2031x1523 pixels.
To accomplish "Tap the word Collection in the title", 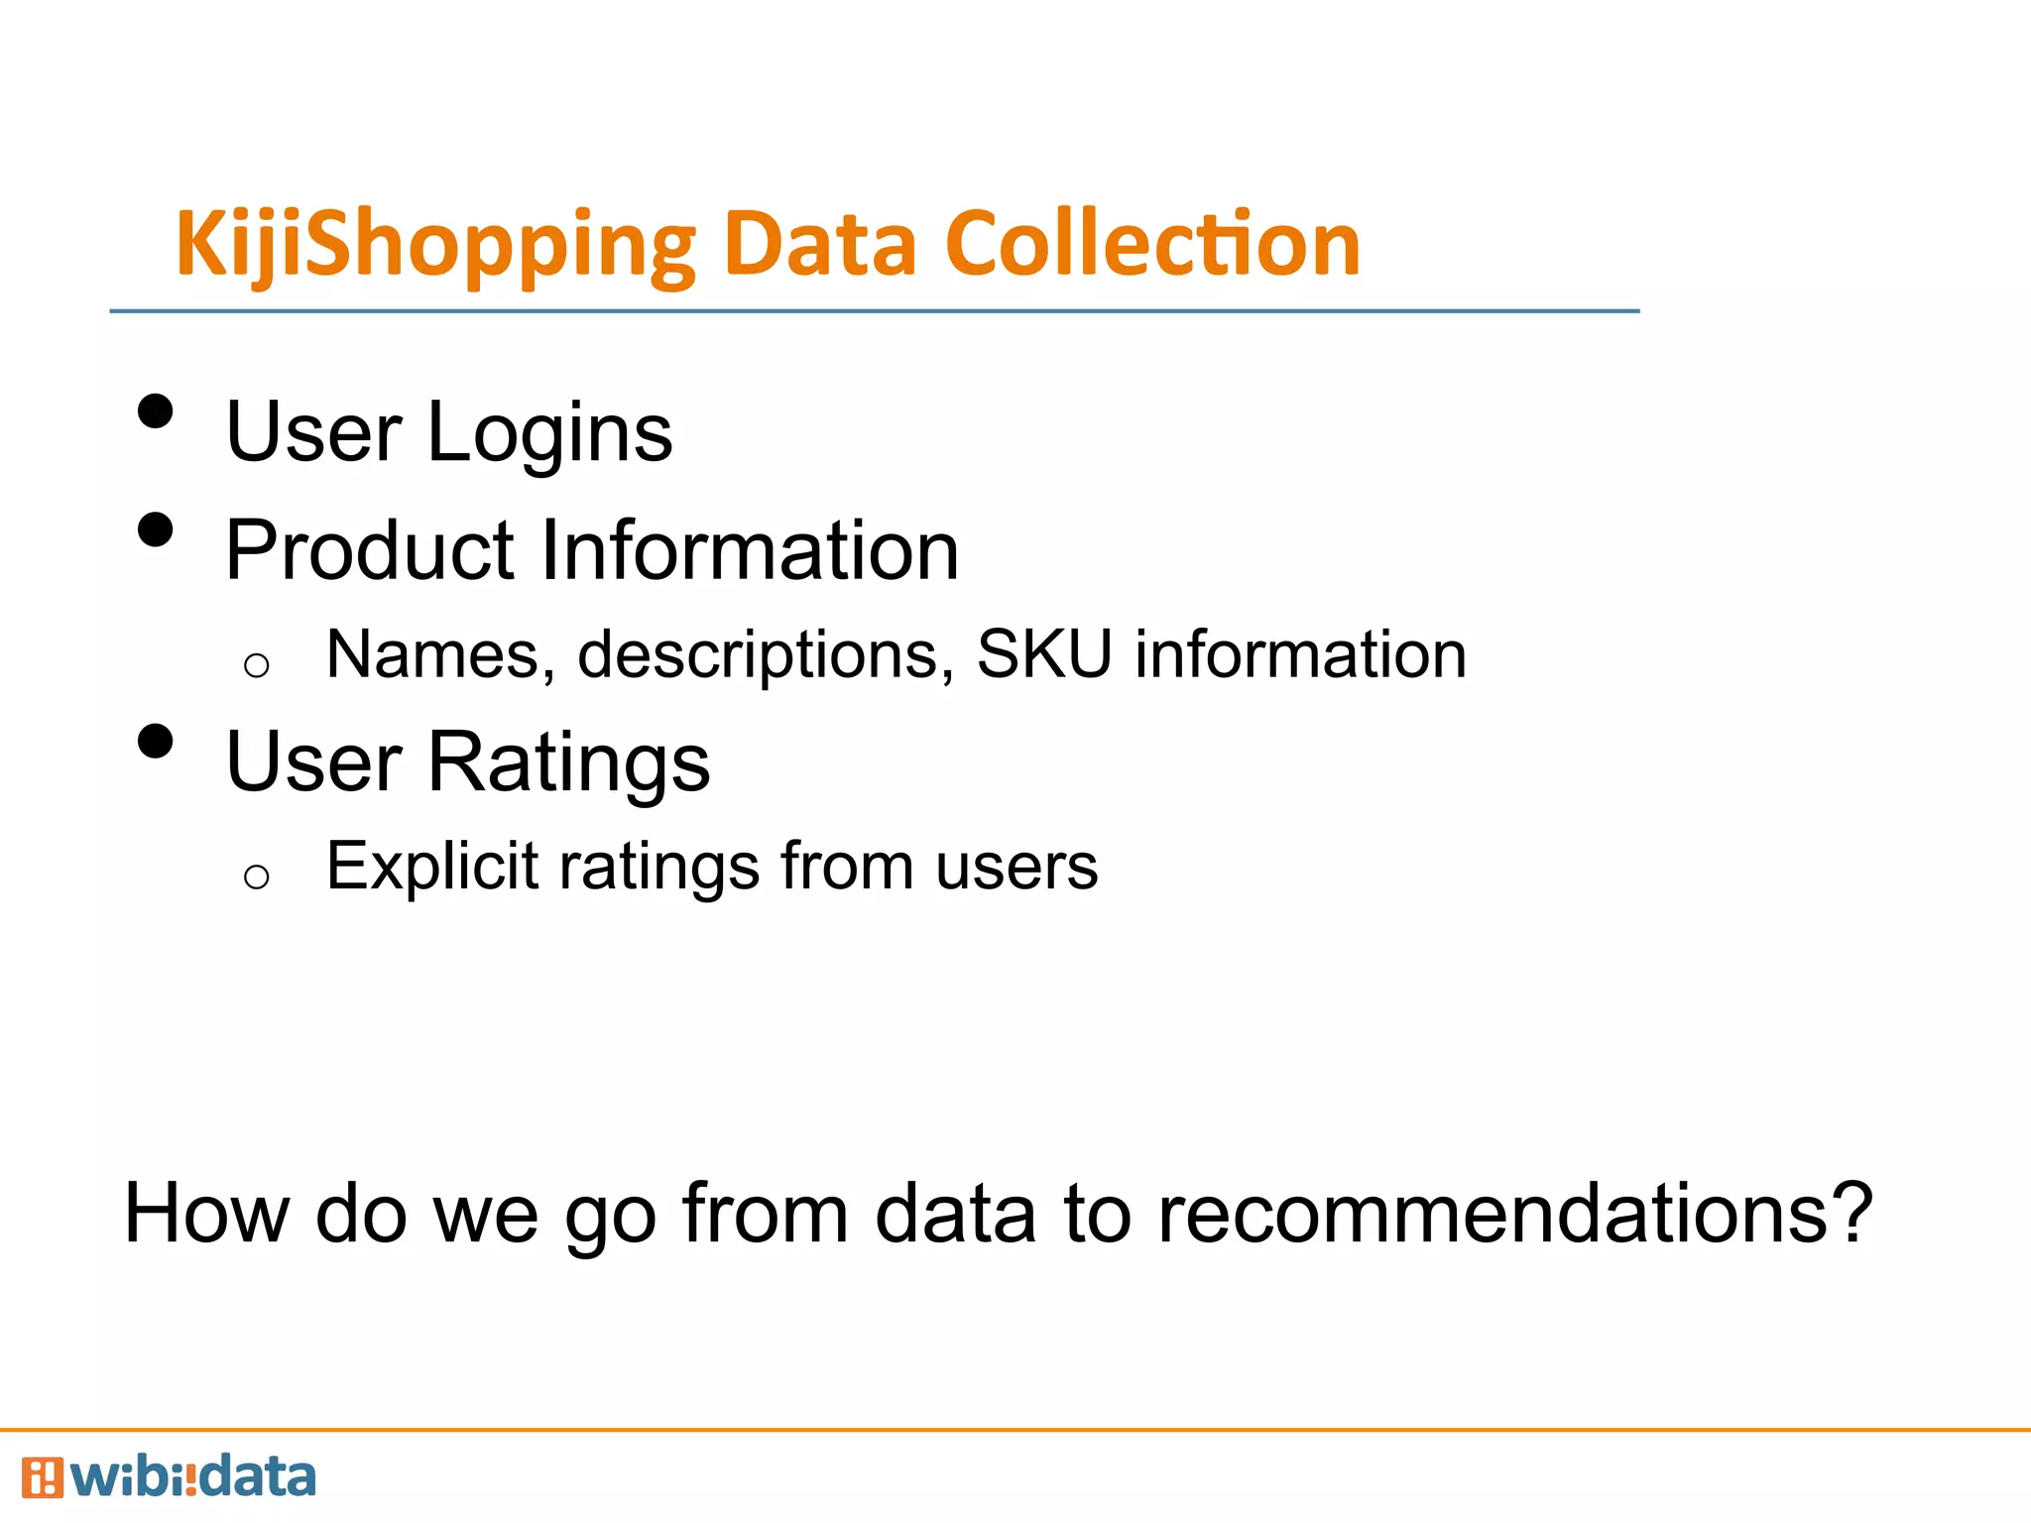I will point(1152,244).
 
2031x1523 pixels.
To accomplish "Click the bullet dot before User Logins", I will point(156,411).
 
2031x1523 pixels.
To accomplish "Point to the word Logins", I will point(549,433).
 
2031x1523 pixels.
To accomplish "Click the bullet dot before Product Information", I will point(156,529).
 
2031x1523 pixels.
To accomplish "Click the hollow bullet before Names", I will point(256,665).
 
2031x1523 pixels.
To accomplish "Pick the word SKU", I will point(1043,654).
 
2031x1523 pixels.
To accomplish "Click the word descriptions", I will point(759,656).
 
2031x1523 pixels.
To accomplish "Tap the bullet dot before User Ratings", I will point(156,741).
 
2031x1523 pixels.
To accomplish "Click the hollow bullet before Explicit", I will point(256,877).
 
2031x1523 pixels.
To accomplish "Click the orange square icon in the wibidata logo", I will point(42,1477).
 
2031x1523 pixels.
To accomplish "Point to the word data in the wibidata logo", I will point(257,1476).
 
